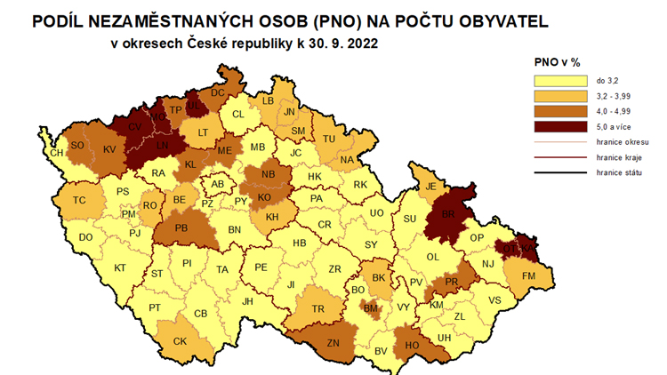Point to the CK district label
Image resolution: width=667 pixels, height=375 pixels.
click(x=180, y=340)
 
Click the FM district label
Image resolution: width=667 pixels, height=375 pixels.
click(x=529, y=277)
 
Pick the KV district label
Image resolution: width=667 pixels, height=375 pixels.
click(x=110, y=149)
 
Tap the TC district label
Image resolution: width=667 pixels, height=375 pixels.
click(x=80, y=201)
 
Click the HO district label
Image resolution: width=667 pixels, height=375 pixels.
click(x=412, y=345)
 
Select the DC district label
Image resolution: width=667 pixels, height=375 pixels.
click(x=218, y=92)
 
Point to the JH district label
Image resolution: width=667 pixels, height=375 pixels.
click(x=247, y=301)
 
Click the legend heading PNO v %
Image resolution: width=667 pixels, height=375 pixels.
click(x=558, y=62)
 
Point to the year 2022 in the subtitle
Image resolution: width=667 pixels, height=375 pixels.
click(x=355, y=42)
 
